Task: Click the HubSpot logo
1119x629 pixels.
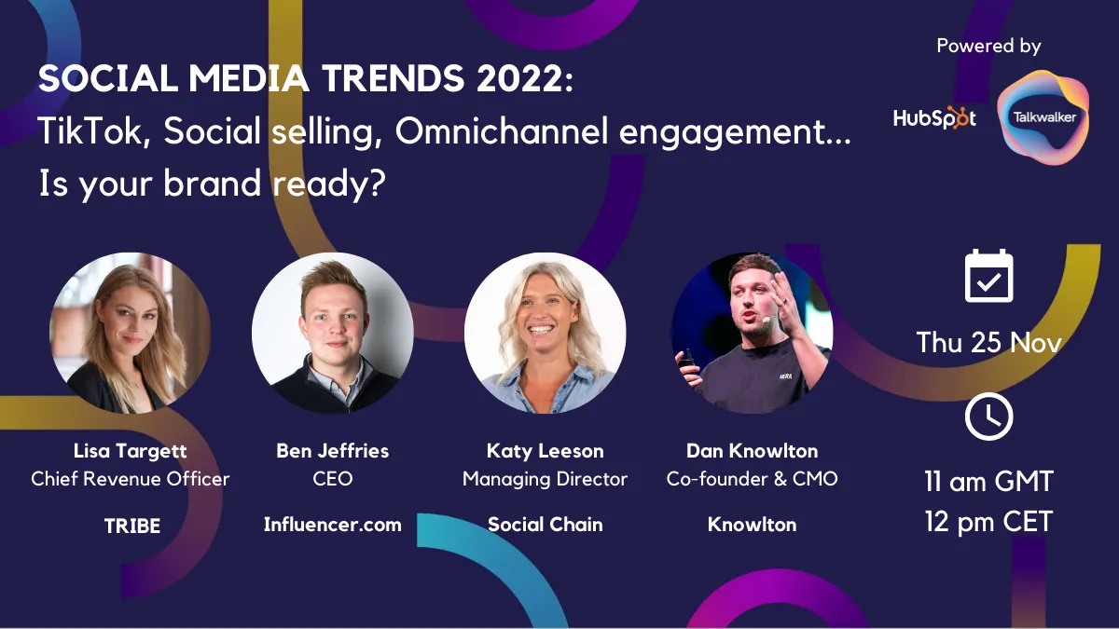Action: coord(934,117)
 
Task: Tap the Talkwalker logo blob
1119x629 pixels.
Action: coord(1043,117)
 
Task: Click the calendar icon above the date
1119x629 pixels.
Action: coord(988,276)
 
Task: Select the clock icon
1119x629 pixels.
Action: coord(988,417)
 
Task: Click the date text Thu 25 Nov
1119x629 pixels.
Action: coord(988,343)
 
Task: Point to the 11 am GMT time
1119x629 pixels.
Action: coord(988,482)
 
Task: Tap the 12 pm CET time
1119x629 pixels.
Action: coord(988,522)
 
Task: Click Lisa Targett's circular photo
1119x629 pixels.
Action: coord(130,333)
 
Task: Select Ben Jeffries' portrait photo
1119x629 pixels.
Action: coord(333,333)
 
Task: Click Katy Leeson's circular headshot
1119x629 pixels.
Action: coord(545,333)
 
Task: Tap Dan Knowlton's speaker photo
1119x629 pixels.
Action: coord(752,333)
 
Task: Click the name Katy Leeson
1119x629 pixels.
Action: coord(545,451)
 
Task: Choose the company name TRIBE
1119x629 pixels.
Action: coord(132,526)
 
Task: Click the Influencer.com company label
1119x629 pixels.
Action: coord(333,525)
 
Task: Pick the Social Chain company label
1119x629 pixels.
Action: coord(545,525)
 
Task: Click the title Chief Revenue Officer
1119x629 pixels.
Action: coord(130,479)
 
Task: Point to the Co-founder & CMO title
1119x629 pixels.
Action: coord(752,479)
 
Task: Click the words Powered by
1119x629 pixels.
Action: coord(988,46)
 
